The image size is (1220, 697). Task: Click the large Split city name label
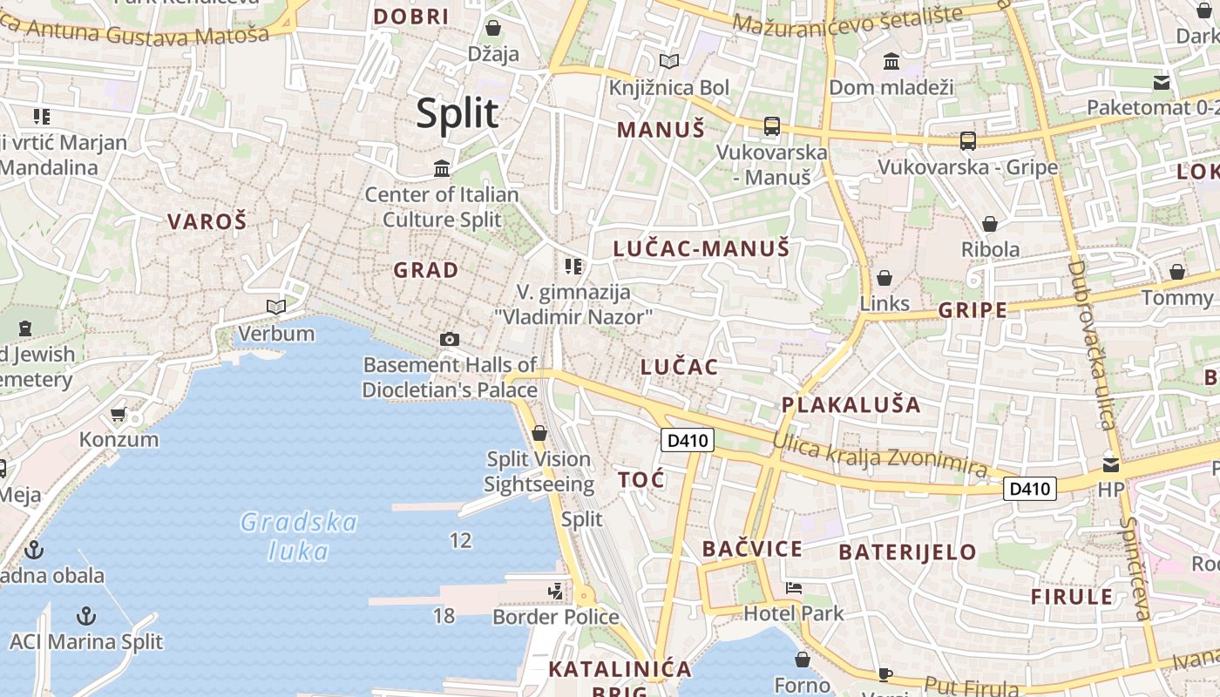457,113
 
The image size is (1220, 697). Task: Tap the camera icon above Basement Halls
450,339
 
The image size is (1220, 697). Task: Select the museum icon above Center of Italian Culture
442,167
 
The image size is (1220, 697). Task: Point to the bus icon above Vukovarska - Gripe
967,140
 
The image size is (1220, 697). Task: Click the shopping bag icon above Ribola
989,224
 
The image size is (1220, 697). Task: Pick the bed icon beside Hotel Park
793,587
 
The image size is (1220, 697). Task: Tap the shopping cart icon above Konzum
119,414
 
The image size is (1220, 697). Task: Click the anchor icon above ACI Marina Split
85,616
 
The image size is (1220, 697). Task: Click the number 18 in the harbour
444,616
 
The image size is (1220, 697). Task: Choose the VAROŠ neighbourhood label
207,221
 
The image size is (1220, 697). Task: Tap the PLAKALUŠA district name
851,404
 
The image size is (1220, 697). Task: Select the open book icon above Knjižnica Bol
668,62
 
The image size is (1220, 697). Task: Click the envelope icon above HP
1111,464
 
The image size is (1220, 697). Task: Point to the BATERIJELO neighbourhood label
907,552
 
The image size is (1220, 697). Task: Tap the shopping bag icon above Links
884,278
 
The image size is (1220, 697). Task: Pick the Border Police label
556,617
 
